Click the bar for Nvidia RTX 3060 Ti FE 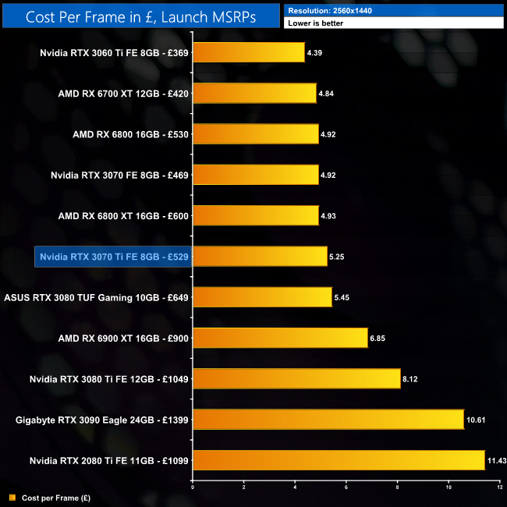[248, 52]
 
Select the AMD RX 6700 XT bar [254, 93]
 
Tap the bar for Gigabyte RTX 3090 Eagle [328, 419]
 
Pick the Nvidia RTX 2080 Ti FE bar [339, 459]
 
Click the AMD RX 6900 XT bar [279, 337]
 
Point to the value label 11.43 [497, 460]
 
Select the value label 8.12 [411, 379]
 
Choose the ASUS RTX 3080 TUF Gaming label [97, 297]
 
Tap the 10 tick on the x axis [448, 487]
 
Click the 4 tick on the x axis [295, 487]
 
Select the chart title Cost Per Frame [140, 16]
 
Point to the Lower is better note [315, 23]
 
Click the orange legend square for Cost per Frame [12, 497]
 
